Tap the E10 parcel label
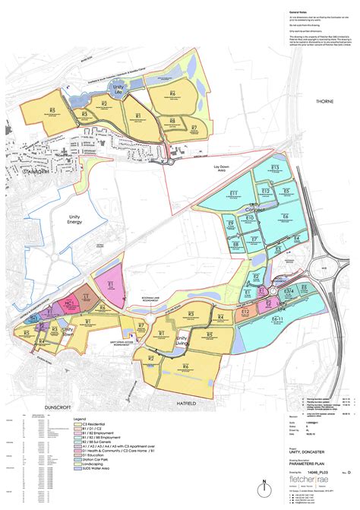[249, 219]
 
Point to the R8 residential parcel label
[172, 121]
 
